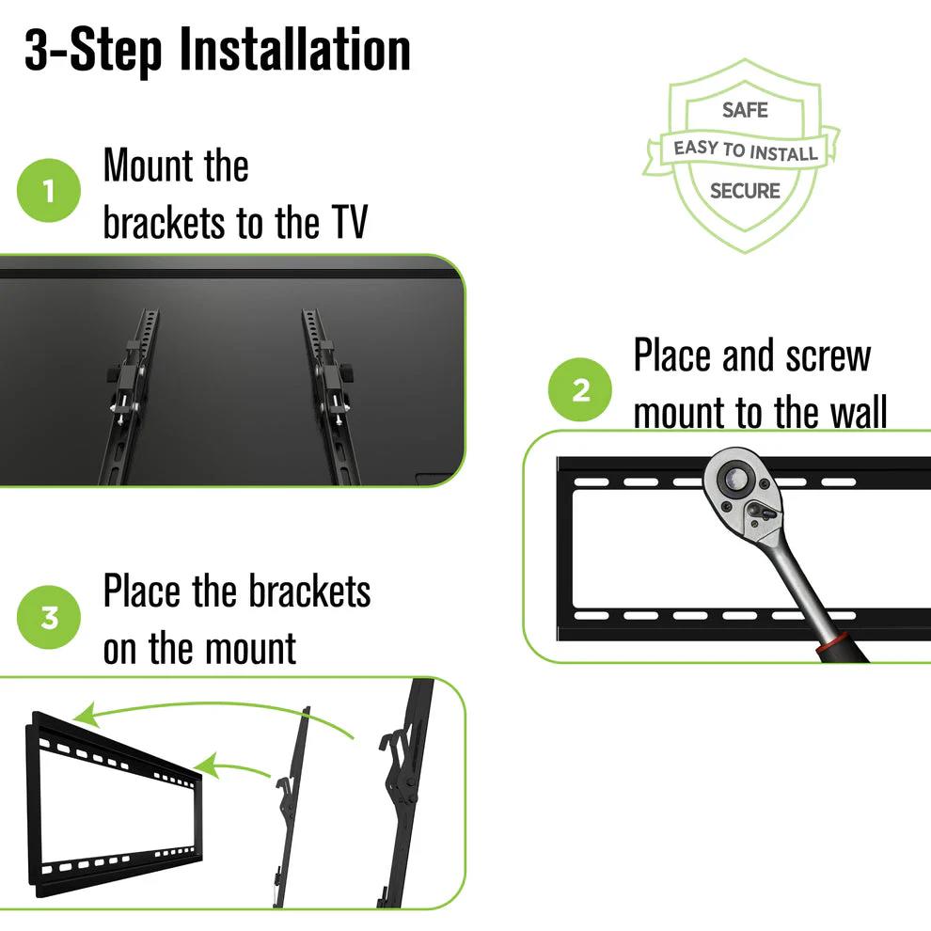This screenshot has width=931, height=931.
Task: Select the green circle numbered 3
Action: coord(49,619)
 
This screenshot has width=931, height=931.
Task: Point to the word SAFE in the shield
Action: coord(745,110)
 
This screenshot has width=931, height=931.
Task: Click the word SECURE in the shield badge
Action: coord(745,191)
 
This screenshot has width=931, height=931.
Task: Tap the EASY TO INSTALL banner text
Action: coord(745,150)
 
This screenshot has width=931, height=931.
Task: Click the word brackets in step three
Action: coord(309,592)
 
